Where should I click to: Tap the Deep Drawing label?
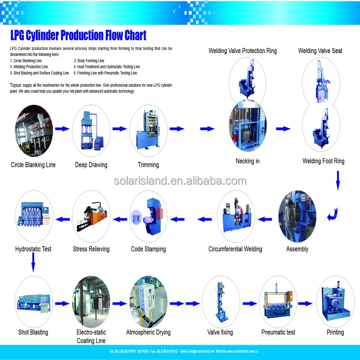coord(91,165)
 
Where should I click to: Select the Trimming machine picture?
coord(148,129)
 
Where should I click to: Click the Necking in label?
coord(247,161)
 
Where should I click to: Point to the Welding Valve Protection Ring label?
coord(243,51)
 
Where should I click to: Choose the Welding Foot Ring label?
coord(323,161)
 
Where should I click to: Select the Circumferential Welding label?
coord(235,249)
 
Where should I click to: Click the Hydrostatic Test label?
coord(33,249)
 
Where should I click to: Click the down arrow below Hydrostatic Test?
coord(33,262)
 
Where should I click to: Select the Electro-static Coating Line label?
coord(91,337)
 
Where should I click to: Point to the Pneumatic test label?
coord(278,332)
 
